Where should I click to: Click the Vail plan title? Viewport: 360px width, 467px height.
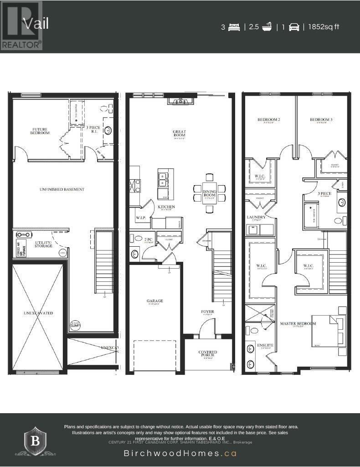coord(36,24)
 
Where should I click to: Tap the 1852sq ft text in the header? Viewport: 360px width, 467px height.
coord(324,27)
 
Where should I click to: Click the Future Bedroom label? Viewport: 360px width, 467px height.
coord(40,131)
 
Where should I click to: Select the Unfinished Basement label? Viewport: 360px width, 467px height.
coord(62,189)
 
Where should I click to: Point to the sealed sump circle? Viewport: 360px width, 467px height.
coord(75,325)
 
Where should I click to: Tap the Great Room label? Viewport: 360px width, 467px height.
coord(179,134)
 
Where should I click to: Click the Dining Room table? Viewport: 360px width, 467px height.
coord(209,193)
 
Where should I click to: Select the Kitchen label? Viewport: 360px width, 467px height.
coord(166,207)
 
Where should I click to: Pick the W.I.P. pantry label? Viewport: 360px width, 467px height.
coord(140,218)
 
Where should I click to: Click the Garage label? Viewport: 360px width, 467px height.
coord(154,301)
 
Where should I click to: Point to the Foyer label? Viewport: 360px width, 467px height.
coord(208,312)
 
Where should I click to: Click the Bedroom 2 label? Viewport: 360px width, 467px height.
coord(268,120)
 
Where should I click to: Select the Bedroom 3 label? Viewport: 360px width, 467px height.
coord(321,120)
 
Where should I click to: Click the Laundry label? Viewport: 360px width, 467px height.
coord(256,218)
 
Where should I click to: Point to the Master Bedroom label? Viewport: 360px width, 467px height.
coord(298,324)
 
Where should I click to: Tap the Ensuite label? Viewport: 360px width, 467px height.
coord(265,345)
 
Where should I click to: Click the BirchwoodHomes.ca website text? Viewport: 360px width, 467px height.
coord(180,453)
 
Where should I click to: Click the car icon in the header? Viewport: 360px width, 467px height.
coord(294,27)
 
